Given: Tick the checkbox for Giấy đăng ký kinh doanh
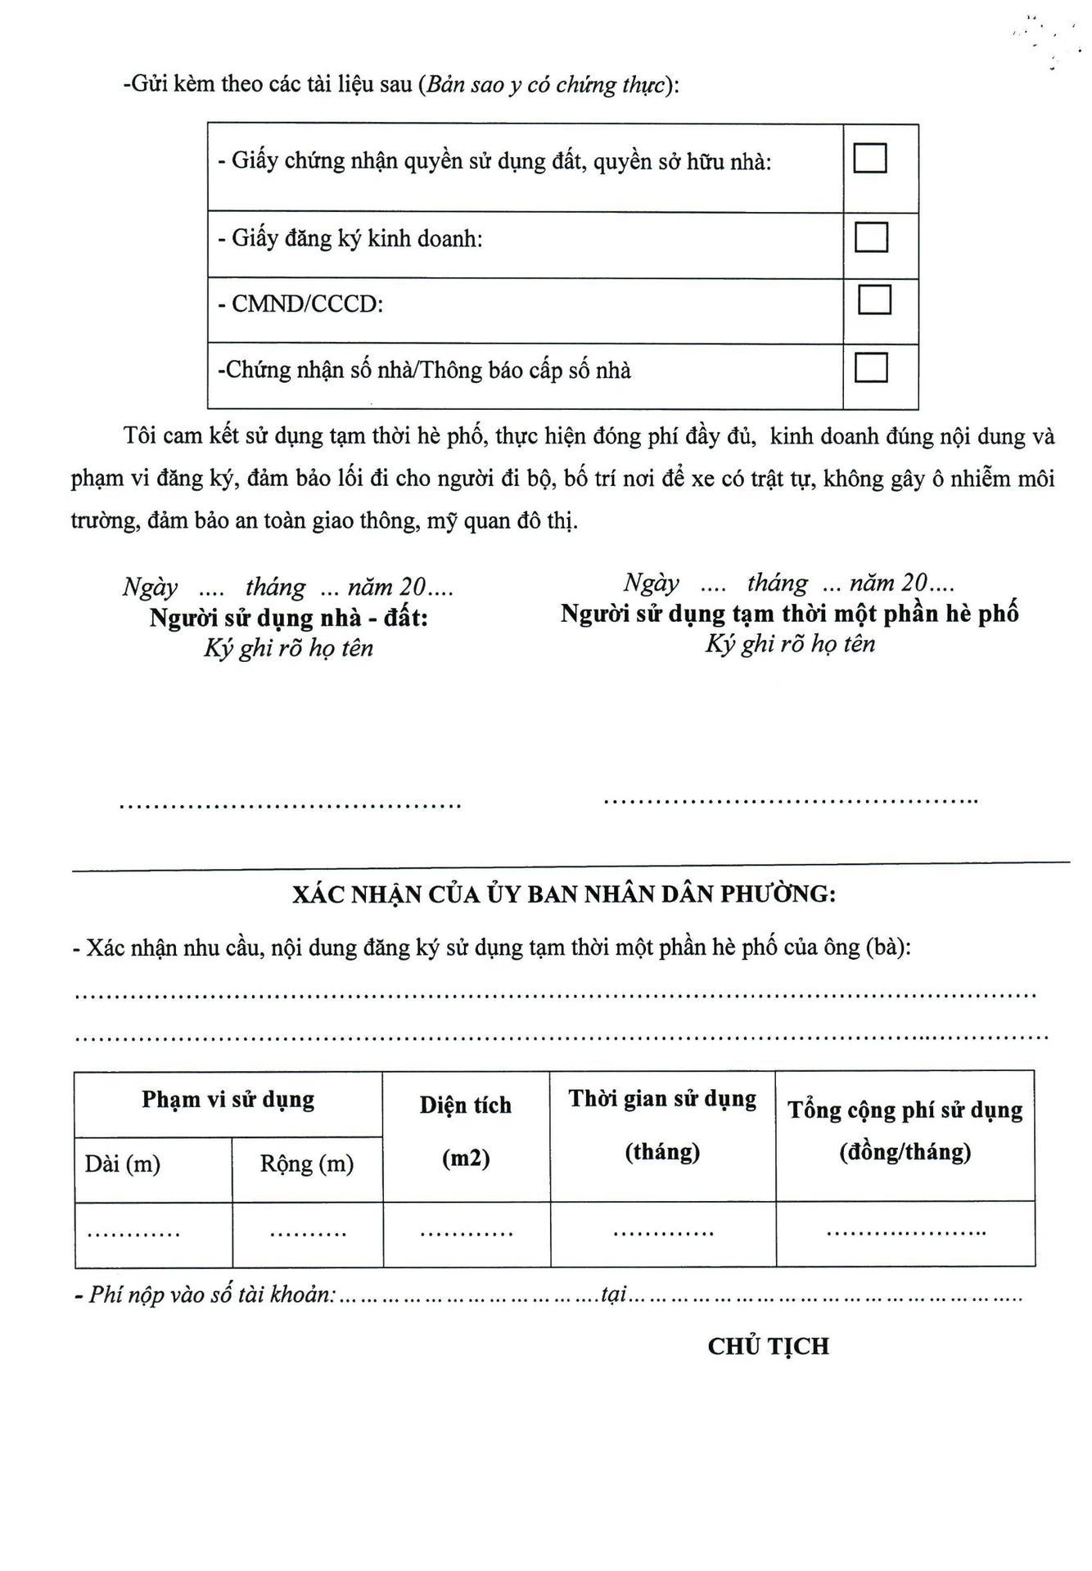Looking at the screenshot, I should click(x=871, y=237).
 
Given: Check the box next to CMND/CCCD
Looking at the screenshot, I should click(x=874, y=299).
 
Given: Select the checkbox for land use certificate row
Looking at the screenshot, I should click(x=869, y=157).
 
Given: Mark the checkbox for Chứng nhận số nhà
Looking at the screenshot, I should click(x=871, y=367).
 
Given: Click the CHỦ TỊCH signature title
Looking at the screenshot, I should click(x=768, y=1347).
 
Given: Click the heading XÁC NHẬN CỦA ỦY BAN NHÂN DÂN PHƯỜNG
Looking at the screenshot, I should click(x=564, y=894).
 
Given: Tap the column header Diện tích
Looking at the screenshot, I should click(x=466, y=1105).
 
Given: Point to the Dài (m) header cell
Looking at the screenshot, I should click(x=123, y=1164).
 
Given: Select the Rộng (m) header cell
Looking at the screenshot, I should click(x=307, y=1164).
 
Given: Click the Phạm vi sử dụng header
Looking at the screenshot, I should click(x=228, y=1099).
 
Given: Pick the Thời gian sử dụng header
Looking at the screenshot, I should click(x=662, y=1099).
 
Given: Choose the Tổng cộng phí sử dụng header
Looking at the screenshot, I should click(x=905, y=1110).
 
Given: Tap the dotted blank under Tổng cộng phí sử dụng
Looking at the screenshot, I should click(x=905, y=1231).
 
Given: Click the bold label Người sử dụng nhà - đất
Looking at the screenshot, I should click(x=288, y=618).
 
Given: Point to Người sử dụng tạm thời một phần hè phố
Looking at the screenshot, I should click(x=789, y=614).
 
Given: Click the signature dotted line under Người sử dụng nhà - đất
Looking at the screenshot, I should click(x=291, y=805).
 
